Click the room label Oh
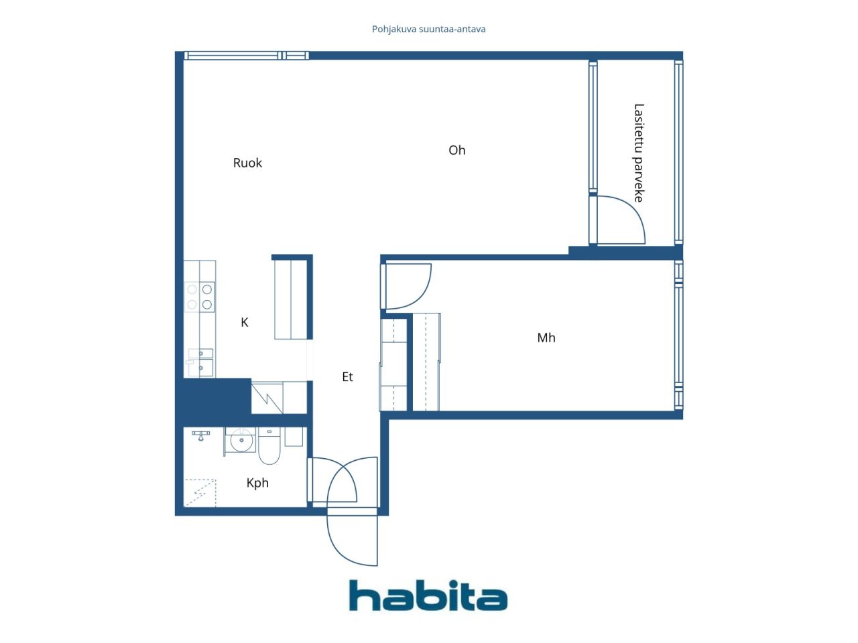pos(456,150)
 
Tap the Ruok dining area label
pos(247,163)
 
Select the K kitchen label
pos(244,322)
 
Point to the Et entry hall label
pos(347,376)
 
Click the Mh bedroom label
pos(546,338)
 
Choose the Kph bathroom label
pos(257,484)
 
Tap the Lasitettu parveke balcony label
pos(638,153)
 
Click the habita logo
pos(428,595)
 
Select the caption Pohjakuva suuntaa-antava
pos(428,29)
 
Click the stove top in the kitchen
pos(199,297)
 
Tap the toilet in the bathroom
pos(269,446)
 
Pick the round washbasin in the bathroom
pos(241,441)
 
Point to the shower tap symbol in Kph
pos(200,435)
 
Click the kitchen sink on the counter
pos(200,363)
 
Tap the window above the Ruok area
pos(246,56)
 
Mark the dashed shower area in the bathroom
pos(200,493)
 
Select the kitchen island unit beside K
pos(291,299)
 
